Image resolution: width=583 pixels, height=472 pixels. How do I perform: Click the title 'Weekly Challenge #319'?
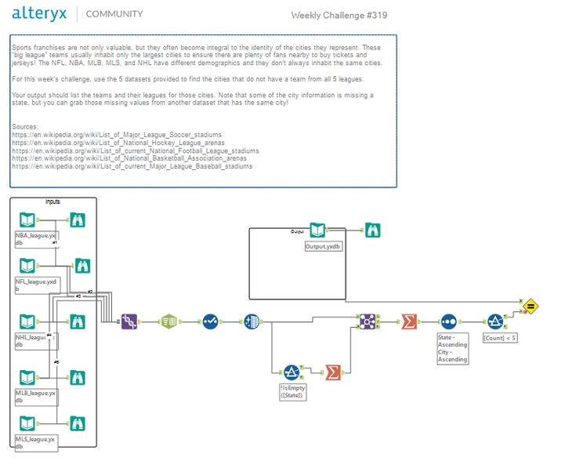[339, 15]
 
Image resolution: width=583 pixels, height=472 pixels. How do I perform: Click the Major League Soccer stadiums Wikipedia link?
[116, 135]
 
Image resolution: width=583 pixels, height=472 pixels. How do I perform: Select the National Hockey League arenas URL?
[118, 143]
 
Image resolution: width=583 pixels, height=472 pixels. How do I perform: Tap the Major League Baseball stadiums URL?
[132, 166]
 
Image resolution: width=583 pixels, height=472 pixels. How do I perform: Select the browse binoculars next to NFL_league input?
[82, 265]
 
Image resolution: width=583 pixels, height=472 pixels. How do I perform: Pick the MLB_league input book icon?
[27, 374]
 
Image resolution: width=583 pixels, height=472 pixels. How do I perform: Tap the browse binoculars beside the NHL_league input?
[78, 321]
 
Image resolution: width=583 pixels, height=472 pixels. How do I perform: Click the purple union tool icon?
[129, 321]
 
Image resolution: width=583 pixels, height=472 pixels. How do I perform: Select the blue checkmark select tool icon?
[210, 321]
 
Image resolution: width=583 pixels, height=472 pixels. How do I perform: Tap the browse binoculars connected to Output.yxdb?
[374, 230]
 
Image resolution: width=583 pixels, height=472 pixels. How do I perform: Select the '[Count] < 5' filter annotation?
[499, 338]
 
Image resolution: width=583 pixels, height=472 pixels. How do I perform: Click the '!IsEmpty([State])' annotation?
[291, 391]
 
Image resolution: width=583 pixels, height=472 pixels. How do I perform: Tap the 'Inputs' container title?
[53, 202]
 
